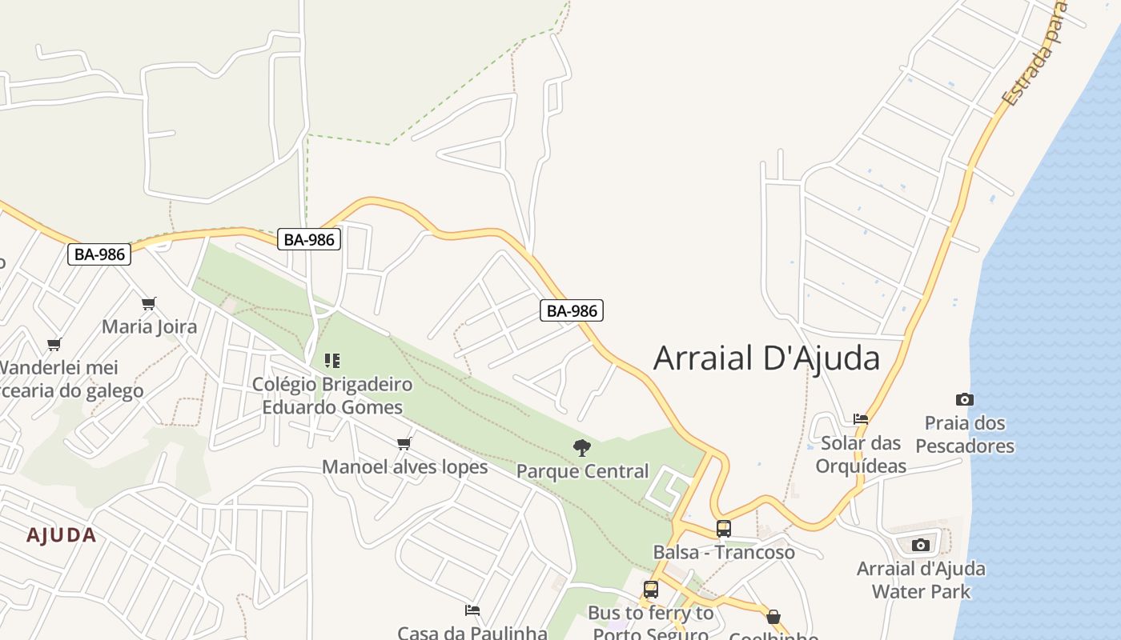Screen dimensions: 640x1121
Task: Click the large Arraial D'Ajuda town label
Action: (766, 358)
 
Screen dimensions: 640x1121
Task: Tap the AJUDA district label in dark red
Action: (62, 535)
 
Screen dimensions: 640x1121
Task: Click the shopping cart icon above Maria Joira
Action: (148, 303)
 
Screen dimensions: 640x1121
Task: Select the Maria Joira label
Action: (149, 326)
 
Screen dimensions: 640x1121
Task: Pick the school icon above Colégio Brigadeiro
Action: (332, 361)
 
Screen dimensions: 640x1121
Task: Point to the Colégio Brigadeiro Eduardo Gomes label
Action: (332, 395)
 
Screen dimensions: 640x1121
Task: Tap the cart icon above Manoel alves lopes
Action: (404, 443)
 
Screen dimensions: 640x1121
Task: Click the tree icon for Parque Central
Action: (582, 448)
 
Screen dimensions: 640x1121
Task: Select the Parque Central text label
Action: (582, 471)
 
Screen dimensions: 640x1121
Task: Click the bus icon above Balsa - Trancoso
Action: (724, 529)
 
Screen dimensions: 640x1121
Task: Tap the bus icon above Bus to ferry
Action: (651, 590)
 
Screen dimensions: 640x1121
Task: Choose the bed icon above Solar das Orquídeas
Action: (861, 418)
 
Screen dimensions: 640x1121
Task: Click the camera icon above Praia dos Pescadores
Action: (965, 399)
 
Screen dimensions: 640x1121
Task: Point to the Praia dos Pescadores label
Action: (965, 434)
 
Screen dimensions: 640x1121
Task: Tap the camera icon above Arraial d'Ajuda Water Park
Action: (921, 546)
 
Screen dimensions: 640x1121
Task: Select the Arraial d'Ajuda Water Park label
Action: (921, 580)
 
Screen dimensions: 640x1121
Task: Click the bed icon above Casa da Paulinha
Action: (472, 610)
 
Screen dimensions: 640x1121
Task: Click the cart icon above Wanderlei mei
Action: (54, 345)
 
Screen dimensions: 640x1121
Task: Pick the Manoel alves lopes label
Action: (404, 466)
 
